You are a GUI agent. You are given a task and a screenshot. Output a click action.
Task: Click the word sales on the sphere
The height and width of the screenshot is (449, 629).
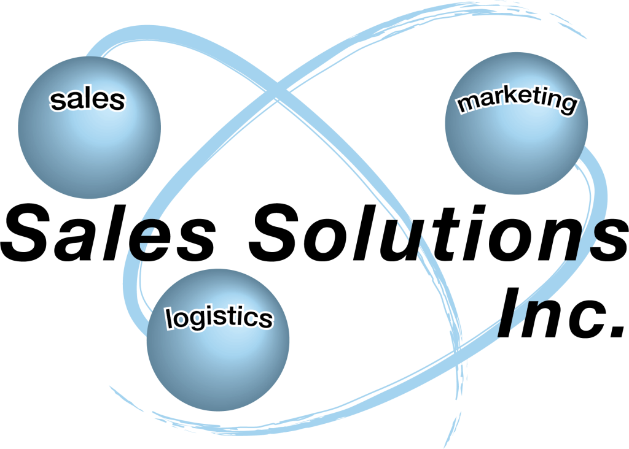pyautogui.click(x=87, y=100)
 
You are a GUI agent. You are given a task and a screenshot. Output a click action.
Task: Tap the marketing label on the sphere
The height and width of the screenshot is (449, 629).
pyautogui.click(x=517, y=100)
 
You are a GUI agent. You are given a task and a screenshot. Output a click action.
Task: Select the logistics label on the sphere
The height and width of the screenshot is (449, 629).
pyautogui.click(x=219, y=318)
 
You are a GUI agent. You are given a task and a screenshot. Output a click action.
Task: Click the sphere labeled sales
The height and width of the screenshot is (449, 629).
pyautogui.click(x=90, y=128)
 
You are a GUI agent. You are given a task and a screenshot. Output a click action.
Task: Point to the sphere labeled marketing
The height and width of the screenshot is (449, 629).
pyautogui.click(x=516, y=123)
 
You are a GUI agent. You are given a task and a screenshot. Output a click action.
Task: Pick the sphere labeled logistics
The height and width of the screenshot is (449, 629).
pyautogui.click(x=218, y=340)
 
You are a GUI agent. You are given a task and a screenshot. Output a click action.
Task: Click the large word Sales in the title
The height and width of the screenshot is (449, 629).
pyautogui.click(x=108, y=232)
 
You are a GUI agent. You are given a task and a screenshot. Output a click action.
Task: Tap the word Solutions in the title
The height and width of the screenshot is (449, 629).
pyautogui.click(x=438, y=232)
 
